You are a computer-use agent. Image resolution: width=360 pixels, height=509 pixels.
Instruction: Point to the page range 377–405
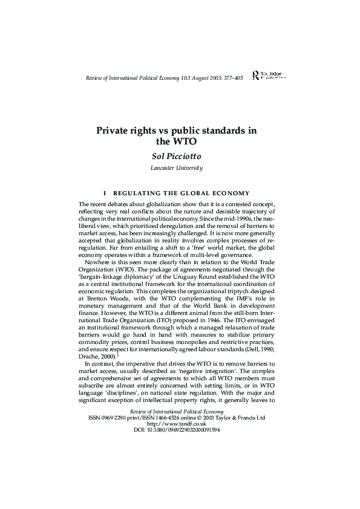[231, 79]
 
